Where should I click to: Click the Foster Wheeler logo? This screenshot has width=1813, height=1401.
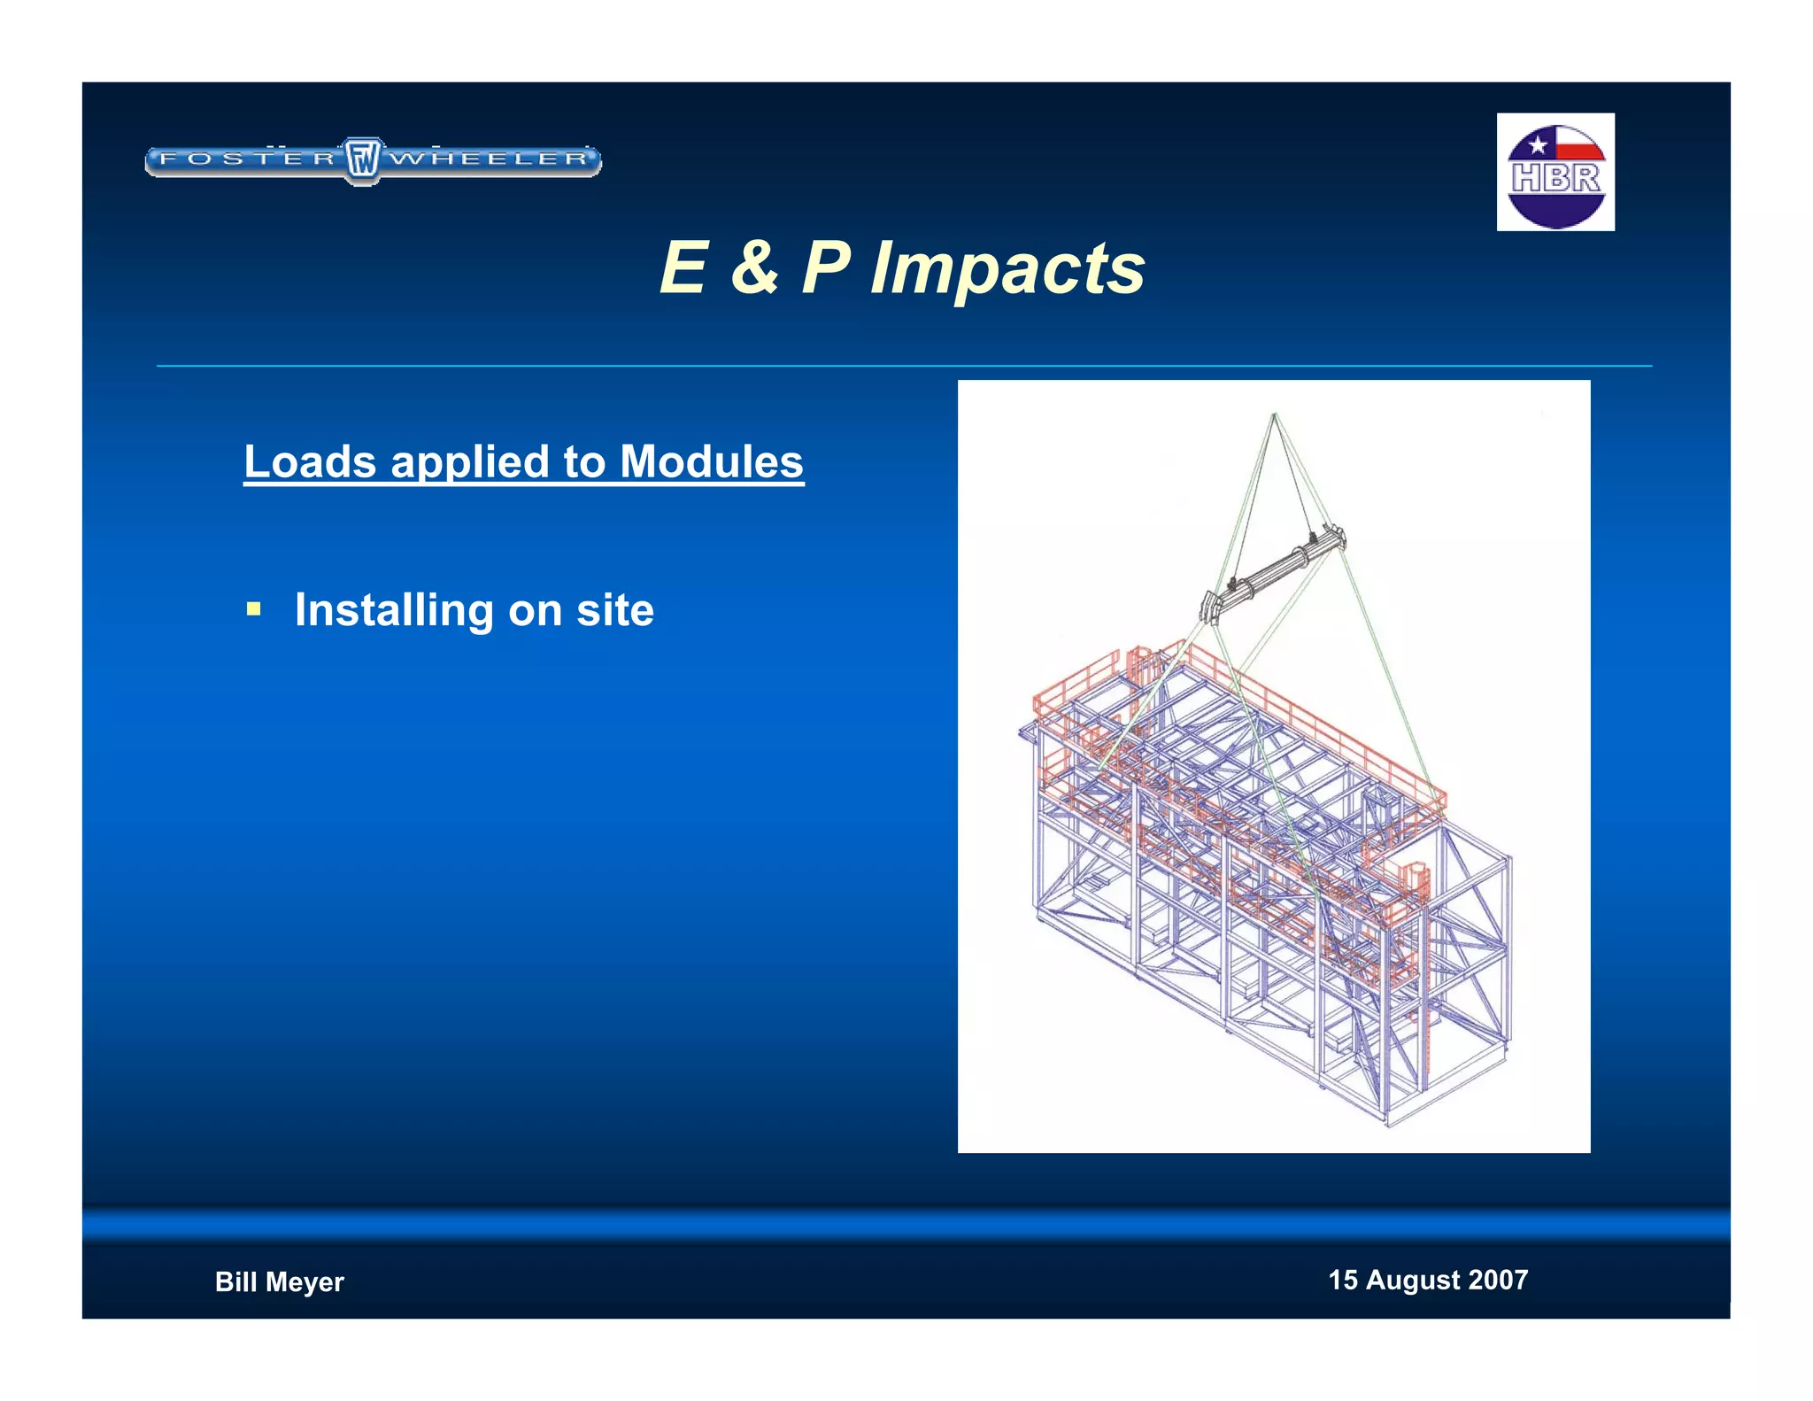372,160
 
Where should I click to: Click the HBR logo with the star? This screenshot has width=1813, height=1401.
1555,172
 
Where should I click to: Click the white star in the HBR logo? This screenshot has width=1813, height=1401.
1538,144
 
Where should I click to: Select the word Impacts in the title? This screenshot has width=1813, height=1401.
1007,268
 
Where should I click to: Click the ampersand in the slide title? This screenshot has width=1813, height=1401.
754,267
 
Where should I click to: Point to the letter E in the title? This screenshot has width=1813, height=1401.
684,267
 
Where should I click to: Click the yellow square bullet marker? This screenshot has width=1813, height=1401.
254,609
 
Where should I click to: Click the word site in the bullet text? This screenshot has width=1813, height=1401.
615,610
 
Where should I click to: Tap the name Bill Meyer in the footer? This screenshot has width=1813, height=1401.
279,1281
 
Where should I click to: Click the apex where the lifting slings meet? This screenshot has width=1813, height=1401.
1274,414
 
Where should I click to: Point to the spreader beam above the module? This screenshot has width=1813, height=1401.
1273,571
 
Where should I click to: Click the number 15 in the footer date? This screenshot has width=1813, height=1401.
1342,1280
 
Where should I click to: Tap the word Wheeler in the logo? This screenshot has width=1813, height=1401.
490,159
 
